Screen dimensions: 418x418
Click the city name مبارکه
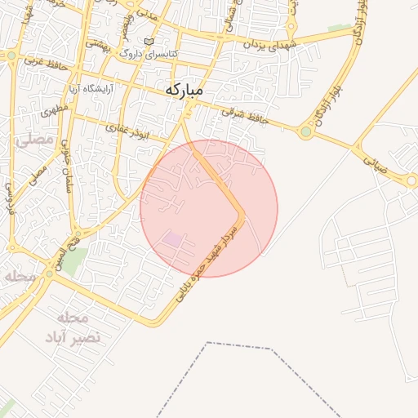(x=184, y=89)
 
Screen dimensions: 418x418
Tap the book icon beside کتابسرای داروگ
(x=148, y=42)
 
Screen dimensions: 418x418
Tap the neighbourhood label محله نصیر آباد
(x=78, y=327)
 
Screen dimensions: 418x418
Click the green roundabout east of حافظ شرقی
(x=306, y=131)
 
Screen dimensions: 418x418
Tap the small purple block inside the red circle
(x=173, y=239)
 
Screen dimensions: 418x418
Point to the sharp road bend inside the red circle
(x=242, y=215)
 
